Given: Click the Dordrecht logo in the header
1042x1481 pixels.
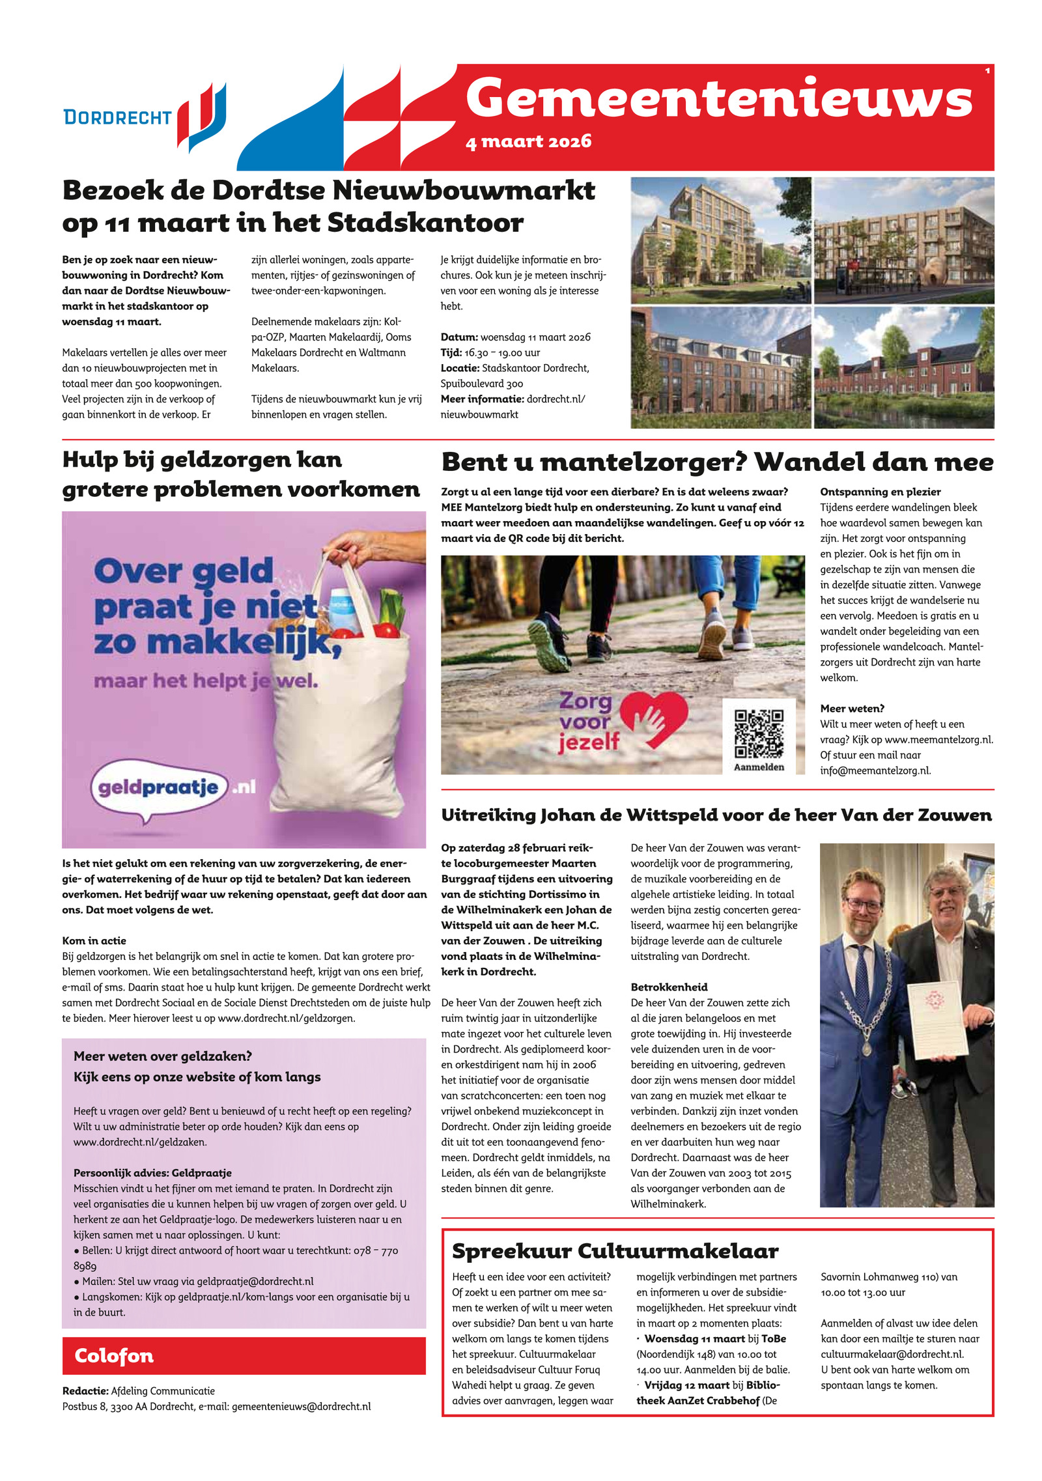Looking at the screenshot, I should point(145,117).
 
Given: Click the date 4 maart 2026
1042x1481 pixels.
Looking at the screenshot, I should point(528,141).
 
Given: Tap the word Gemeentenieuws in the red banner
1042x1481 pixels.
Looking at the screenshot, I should point(718,98).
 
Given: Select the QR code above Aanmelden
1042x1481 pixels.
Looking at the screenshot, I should point(759,733).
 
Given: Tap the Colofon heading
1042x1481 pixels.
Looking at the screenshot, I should point(114,1355).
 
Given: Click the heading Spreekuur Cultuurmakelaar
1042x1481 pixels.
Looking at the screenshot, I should point(615,1250).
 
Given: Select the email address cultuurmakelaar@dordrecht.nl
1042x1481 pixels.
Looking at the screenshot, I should point(892,1354).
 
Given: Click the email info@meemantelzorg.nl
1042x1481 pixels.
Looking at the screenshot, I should point(875,770).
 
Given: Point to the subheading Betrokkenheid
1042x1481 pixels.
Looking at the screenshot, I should point(669,987).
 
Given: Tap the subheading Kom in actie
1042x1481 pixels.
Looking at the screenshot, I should point(94,940).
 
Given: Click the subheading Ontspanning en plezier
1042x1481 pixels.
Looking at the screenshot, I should point(880,492).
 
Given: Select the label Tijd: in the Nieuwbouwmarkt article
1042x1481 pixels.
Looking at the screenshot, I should point(451,352).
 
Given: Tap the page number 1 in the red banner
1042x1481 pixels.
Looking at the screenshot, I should point(987,70).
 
